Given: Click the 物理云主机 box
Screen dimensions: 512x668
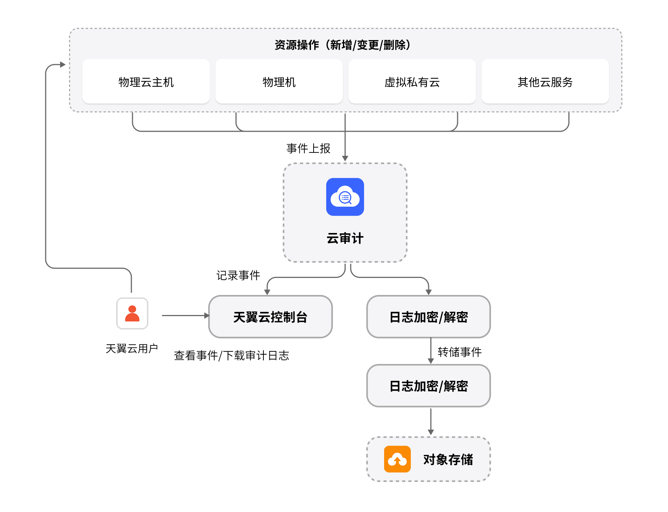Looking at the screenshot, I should point(146,82).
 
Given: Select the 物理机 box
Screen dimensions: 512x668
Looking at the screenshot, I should point(279,82).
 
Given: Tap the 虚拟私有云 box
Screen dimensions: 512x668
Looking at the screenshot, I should point(412,82).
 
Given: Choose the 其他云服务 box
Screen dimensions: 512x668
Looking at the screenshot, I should point(545,82).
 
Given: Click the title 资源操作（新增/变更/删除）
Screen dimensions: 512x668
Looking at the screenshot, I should point(343,45).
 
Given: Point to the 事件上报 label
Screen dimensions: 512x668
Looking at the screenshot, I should point(308,148).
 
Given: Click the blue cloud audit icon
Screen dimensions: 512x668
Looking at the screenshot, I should point(345,197).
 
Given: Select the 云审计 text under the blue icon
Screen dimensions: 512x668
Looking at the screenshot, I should point(345,238).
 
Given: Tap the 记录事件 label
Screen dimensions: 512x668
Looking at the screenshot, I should point(238,275).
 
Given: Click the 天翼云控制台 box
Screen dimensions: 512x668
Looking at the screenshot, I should point(270,317).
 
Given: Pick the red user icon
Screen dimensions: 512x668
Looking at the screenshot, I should point(132,314).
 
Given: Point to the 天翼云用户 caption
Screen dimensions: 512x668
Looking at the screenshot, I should point(132,348).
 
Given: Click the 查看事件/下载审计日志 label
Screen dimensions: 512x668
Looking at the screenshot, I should point(231,355).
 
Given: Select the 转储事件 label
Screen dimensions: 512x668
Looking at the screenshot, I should point(459,352).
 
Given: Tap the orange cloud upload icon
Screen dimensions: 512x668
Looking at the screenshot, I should point(397,459).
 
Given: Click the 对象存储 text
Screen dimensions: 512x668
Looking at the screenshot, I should point(448,459).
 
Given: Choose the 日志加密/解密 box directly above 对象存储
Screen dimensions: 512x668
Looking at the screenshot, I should point(429,386).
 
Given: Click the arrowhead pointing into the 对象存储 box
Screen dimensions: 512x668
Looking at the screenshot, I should point(430,432).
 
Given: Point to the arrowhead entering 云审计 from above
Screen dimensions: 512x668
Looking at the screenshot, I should point(345,158).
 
